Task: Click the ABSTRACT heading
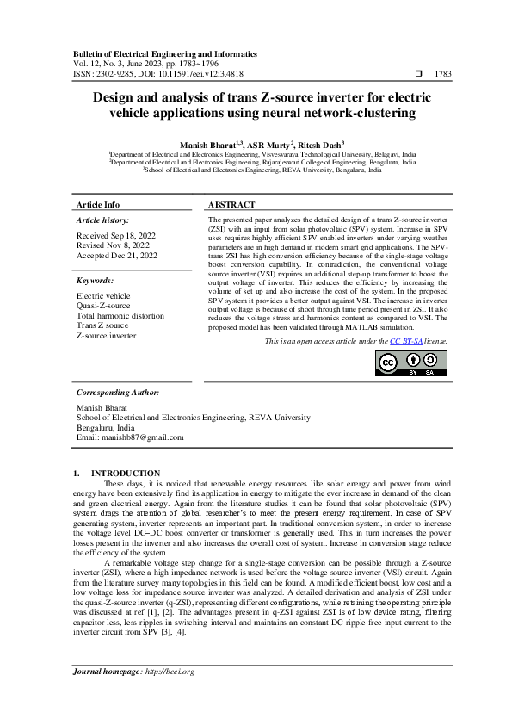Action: click(231, 205)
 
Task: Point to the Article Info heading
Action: click(99, 205)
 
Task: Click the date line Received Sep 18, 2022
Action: click(117, 234)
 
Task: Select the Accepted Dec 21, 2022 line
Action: click(117, 255)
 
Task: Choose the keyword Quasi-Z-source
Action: click(103, 306)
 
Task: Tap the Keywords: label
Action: click(96, 281)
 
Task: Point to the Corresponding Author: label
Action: click(119, 392)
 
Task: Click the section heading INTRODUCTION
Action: click(125, 473)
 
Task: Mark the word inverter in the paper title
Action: click(329, 97)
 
